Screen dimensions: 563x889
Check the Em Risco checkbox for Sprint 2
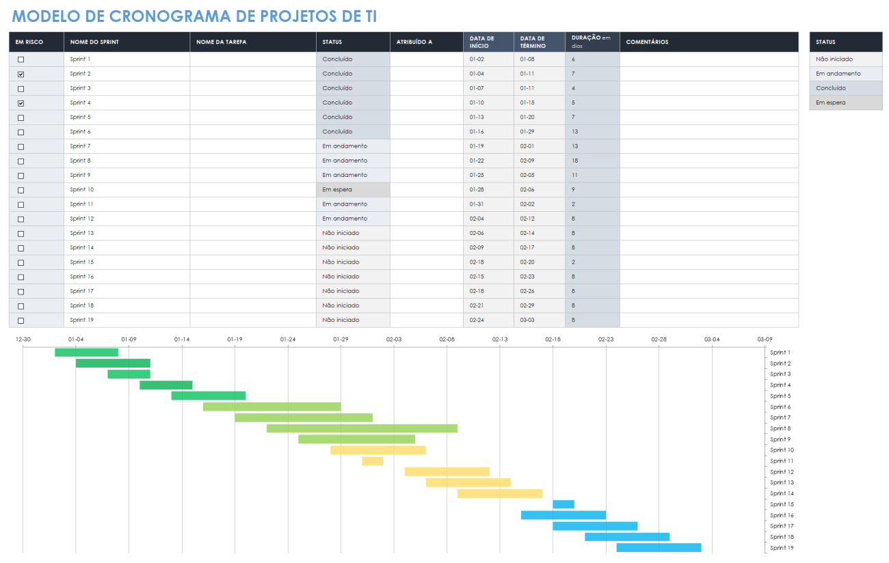(x=21, y=74)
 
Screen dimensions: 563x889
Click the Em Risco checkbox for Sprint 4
(x=21, y=103)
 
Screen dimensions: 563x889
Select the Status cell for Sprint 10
(x=353, y=190)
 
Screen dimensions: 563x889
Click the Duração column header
(x=592, y=42)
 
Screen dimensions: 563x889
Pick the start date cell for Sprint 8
(x=488, y=161)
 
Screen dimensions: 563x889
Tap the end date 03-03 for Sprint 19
(x=539, y=320)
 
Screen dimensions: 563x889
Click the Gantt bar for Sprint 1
(x=86, y=353)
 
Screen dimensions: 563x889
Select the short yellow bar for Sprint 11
(x=373, y=461)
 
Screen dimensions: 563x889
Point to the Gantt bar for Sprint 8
(x=362, y=428)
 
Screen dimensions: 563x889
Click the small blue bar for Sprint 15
(x=563, y=504)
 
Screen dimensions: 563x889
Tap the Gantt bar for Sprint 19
(x=659, y=548)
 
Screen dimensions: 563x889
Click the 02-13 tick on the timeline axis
(x=500, y=339)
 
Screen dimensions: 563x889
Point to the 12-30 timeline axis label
(x=23, y=339)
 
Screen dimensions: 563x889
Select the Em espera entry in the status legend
(x=845, y=102)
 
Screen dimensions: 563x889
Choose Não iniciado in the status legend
(x=845, y=59)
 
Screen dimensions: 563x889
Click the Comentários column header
(x=647, y=42)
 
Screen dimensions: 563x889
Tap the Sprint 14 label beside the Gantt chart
(x=781, y=493)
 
